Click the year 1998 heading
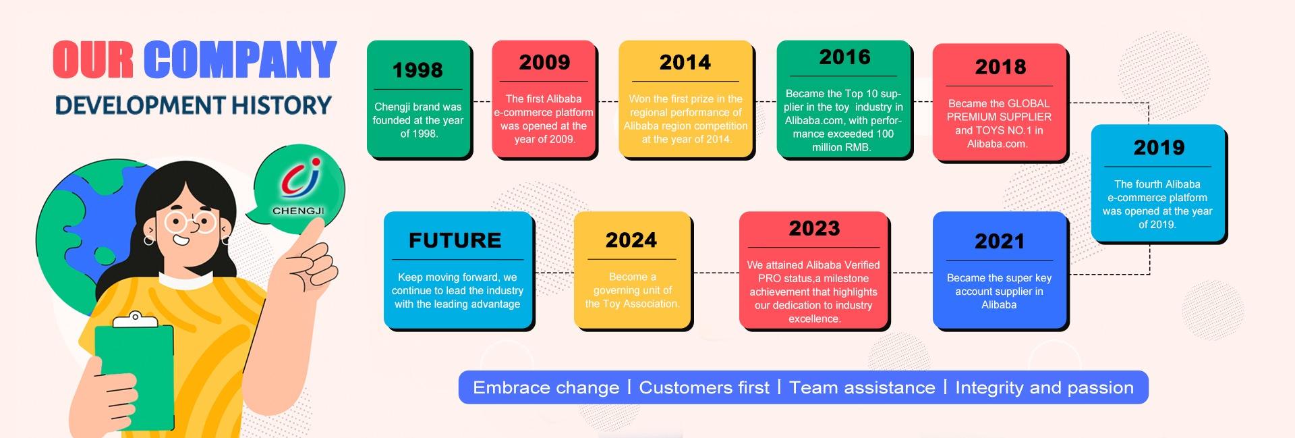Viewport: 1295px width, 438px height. coord(418,70)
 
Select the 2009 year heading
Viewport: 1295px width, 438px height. coord(544,62)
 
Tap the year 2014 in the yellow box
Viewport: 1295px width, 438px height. coord(685,62)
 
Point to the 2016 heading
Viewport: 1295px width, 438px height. coord(845,57)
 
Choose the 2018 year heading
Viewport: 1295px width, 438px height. coord(1000,67)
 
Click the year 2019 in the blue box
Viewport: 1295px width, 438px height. coord(1159,147)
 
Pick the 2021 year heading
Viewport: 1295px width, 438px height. coord(1000,241)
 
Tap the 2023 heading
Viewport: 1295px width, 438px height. coord(814,228)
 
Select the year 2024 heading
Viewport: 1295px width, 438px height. coord(631,240)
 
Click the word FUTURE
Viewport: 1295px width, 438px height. coord(455,240)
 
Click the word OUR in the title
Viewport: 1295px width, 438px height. coord(93,59)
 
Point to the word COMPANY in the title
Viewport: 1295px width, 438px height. coord(240,59)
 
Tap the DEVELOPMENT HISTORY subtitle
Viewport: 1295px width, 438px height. coord(194,105)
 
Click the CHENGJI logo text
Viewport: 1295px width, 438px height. coord(298,211)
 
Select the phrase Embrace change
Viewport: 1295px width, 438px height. coord(546,387)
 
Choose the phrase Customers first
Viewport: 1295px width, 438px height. coord(704,387)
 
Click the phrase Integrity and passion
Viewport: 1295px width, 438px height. coord(1044,387)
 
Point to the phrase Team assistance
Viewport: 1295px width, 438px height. coord(862,387)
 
